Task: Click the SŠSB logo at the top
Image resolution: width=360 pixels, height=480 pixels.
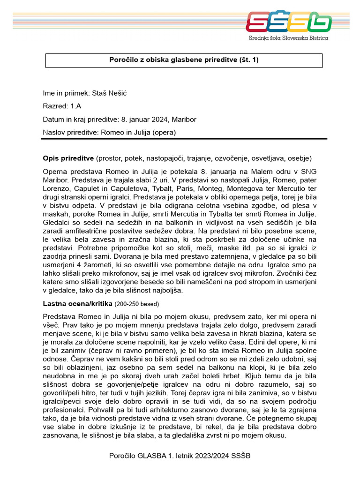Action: click(x=289, y=22)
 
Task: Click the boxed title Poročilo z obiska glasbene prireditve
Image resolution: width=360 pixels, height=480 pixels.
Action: click(x=183, y=60)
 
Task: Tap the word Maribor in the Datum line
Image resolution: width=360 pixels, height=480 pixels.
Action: click(x=184, y=120)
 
